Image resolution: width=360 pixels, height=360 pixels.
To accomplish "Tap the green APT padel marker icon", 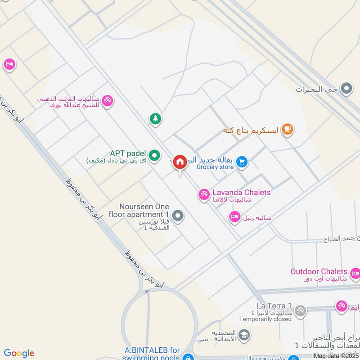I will pyautogui.click(x=155, y=156).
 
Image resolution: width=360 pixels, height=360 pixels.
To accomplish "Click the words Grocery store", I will pyautogui.click(x=215, y=167).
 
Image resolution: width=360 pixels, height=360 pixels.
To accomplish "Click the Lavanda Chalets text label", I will pyautogui.click(x=242, y=193).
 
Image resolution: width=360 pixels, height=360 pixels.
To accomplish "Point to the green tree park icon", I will pyautogui.click(x=155, y=119).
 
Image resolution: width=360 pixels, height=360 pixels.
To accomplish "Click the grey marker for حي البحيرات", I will pyautogui.click(x=346, y=89).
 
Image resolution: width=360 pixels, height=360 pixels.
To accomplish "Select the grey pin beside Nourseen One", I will pyautogui.click(x=178, y=216).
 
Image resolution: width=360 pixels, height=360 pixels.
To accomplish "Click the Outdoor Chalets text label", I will pyautogui.click(x=319, y=271).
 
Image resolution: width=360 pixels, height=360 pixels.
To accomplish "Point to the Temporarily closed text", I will pyautogui.click(x=265, y=319).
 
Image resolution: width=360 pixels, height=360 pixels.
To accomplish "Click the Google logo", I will pyautogui.click(x=19, y=353).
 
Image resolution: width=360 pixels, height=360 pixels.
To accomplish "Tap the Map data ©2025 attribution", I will pyautogui.click(x=336, y=355).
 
